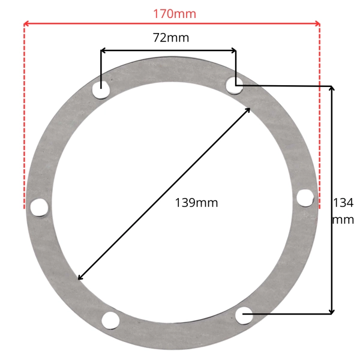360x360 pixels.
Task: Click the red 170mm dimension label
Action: (x=175, y=14)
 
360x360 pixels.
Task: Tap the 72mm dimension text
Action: (x=171, y=37)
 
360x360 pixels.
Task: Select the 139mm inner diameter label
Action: (x=196, y=203)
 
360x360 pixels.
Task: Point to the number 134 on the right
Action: (x=343, y=203)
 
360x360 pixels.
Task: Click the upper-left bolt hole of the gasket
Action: (x=101, y=90)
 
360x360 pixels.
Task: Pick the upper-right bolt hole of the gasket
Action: (x=235, y=85)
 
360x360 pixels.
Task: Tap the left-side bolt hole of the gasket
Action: (x=39, y=208)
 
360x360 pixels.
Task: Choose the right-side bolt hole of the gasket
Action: (x=305, y=198)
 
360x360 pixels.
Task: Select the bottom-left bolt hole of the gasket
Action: (x=110, y=320)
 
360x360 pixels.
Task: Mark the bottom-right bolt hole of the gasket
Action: (x=244, y=316)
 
